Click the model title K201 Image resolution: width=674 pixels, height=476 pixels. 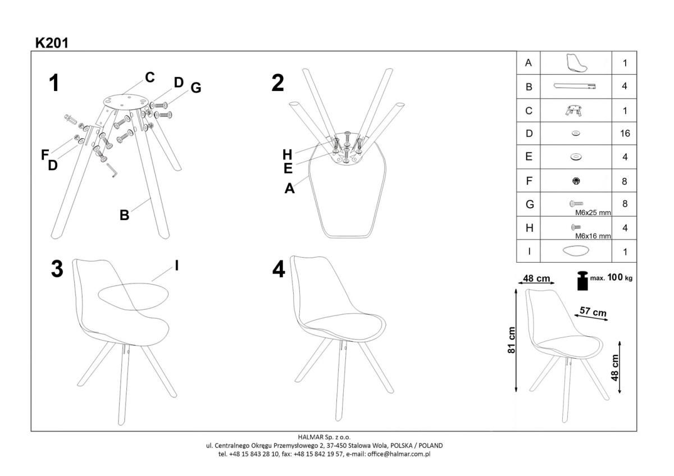(52, 43)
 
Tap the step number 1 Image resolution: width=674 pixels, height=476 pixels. (54, 83)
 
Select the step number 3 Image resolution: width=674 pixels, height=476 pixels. (57, 269)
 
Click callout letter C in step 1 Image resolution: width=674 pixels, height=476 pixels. (150, 77)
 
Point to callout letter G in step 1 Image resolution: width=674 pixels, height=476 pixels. (196, 88)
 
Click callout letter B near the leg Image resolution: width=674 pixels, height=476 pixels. (124, 216)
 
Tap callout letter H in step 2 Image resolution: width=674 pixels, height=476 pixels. (288, 154)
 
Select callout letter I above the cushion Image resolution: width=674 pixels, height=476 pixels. (176, 266)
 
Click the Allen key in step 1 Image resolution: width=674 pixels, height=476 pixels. (112, 171)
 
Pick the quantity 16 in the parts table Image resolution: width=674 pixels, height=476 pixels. (625, 133)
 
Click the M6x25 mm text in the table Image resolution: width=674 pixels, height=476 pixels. (593, 213)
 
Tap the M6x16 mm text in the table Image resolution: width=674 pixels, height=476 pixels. (593, 236)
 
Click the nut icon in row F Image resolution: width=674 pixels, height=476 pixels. (576, 181)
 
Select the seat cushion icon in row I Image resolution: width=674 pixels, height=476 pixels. (576, 251)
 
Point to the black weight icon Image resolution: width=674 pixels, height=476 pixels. (582, 281)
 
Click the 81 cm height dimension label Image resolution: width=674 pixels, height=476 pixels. (511, 340)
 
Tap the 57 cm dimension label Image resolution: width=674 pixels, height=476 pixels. (593, 312)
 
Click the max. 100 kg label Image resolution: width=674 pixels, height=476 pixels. (611, 277)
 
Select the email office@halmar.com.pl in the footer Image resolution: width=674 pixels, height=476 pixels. (399, 454)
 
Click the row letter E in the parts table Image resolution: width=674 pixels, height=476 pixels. (529, 157)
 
